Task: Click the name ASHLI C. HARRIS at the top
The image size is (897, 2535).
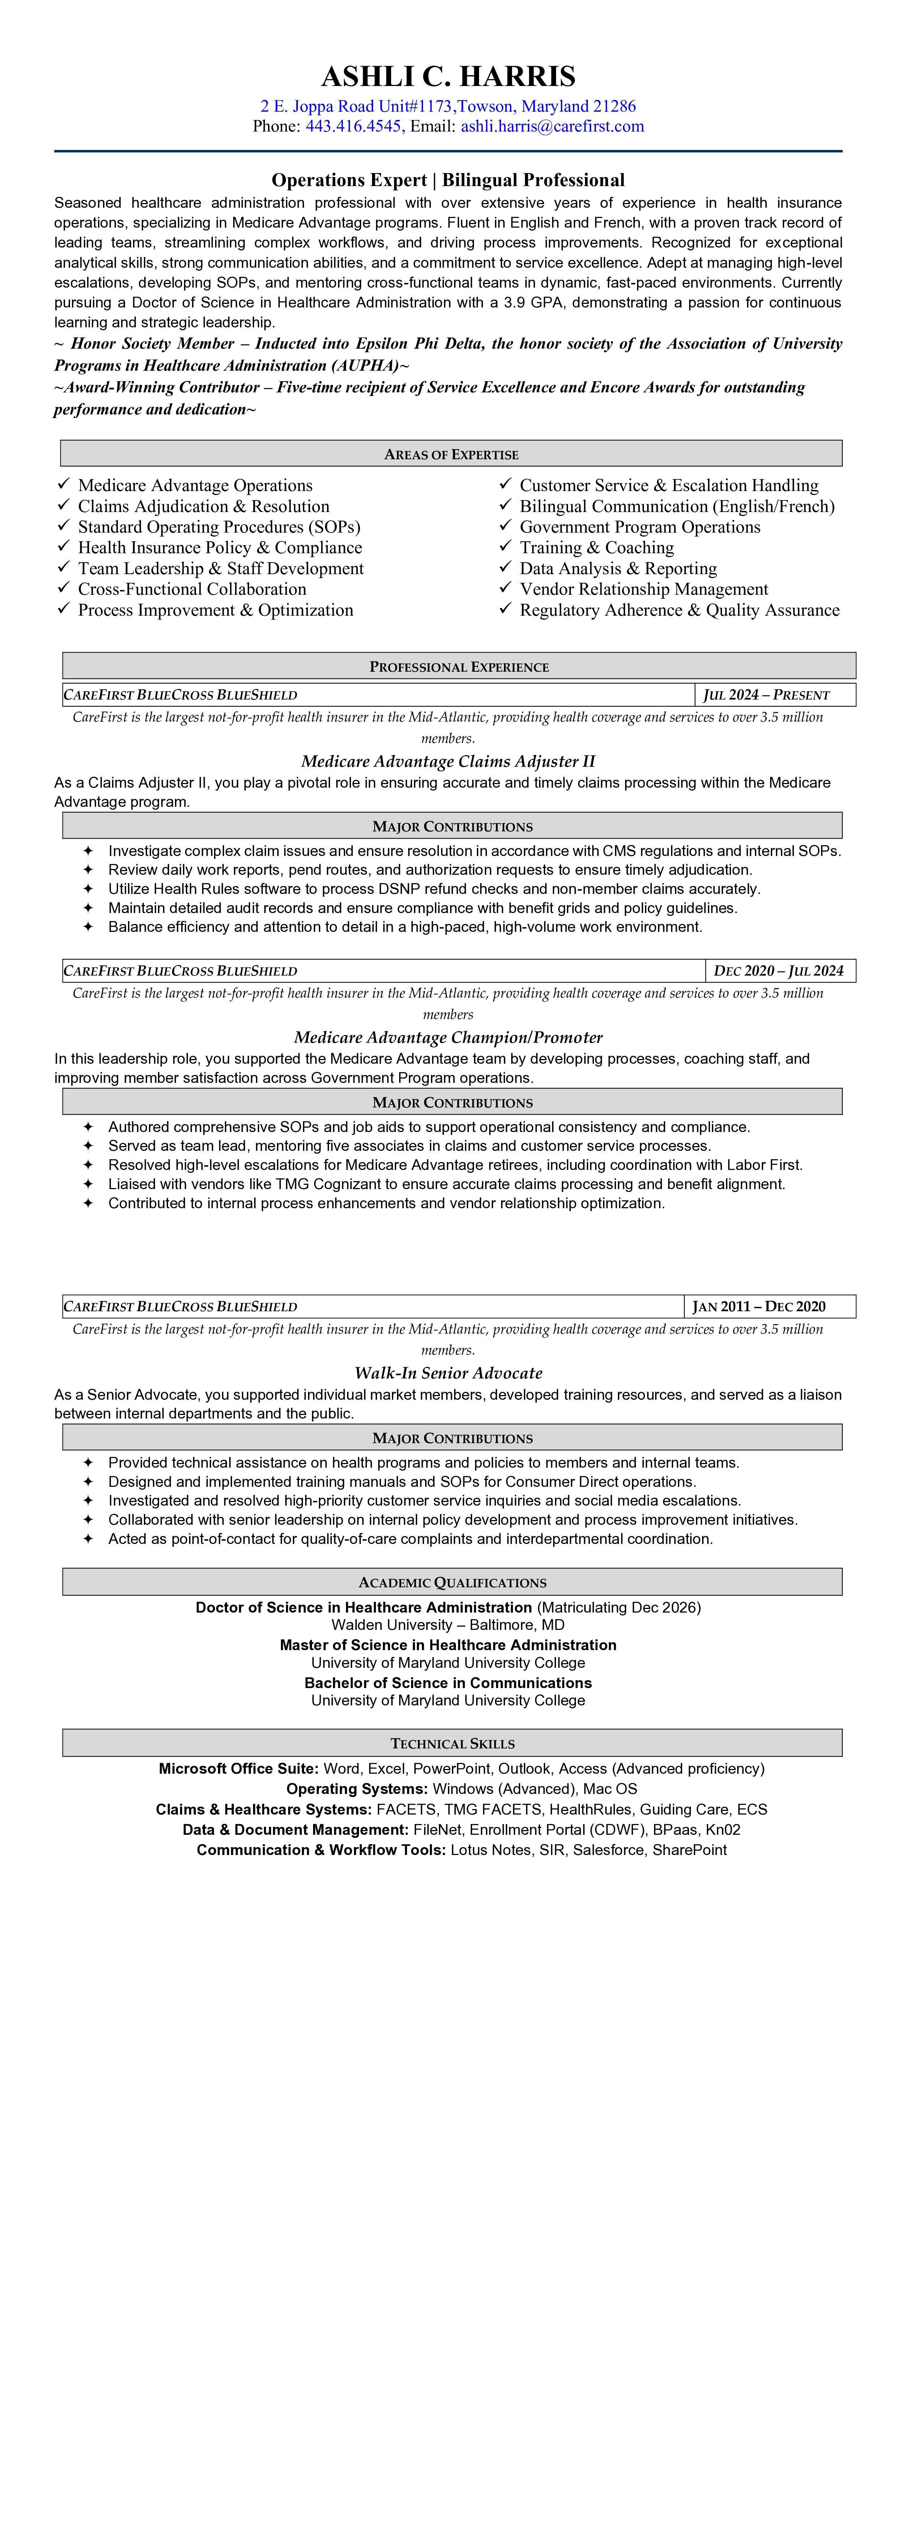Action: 448,77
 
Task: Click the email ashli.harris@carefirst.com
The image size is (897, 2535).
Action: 552,126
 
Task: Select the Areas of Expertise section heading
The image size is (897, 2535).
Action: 451,454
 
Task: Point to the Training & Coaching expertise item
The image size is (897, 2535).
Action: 597,547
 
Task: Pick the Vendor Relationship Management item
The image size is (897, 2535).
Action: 644,589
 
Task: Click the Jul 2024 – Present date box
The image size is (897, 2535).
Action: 766,695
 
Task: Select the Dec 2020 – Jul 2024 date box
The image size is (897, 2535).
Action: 779,970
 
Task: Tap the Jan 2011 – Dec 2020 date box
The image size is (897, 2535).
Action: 759,1306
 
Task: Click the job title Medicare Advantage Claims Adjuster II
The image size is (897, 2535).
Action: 448,761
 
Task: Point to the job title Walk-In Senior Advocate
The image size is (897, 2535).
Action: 448,1373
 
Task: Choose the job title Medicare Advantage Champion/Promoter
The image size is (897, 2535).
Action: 448,1037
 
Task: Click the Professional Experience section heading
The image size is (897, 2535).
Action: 459,666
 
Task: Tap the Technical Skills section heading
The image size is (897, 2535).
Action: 452,1743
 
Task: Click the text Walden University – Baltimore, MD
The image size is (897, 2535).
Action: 448,1625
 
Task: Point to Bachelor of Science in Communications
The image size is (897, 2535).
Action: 448,1683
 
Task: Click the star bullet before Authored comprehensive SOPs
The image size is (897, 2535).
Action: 87,1127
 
